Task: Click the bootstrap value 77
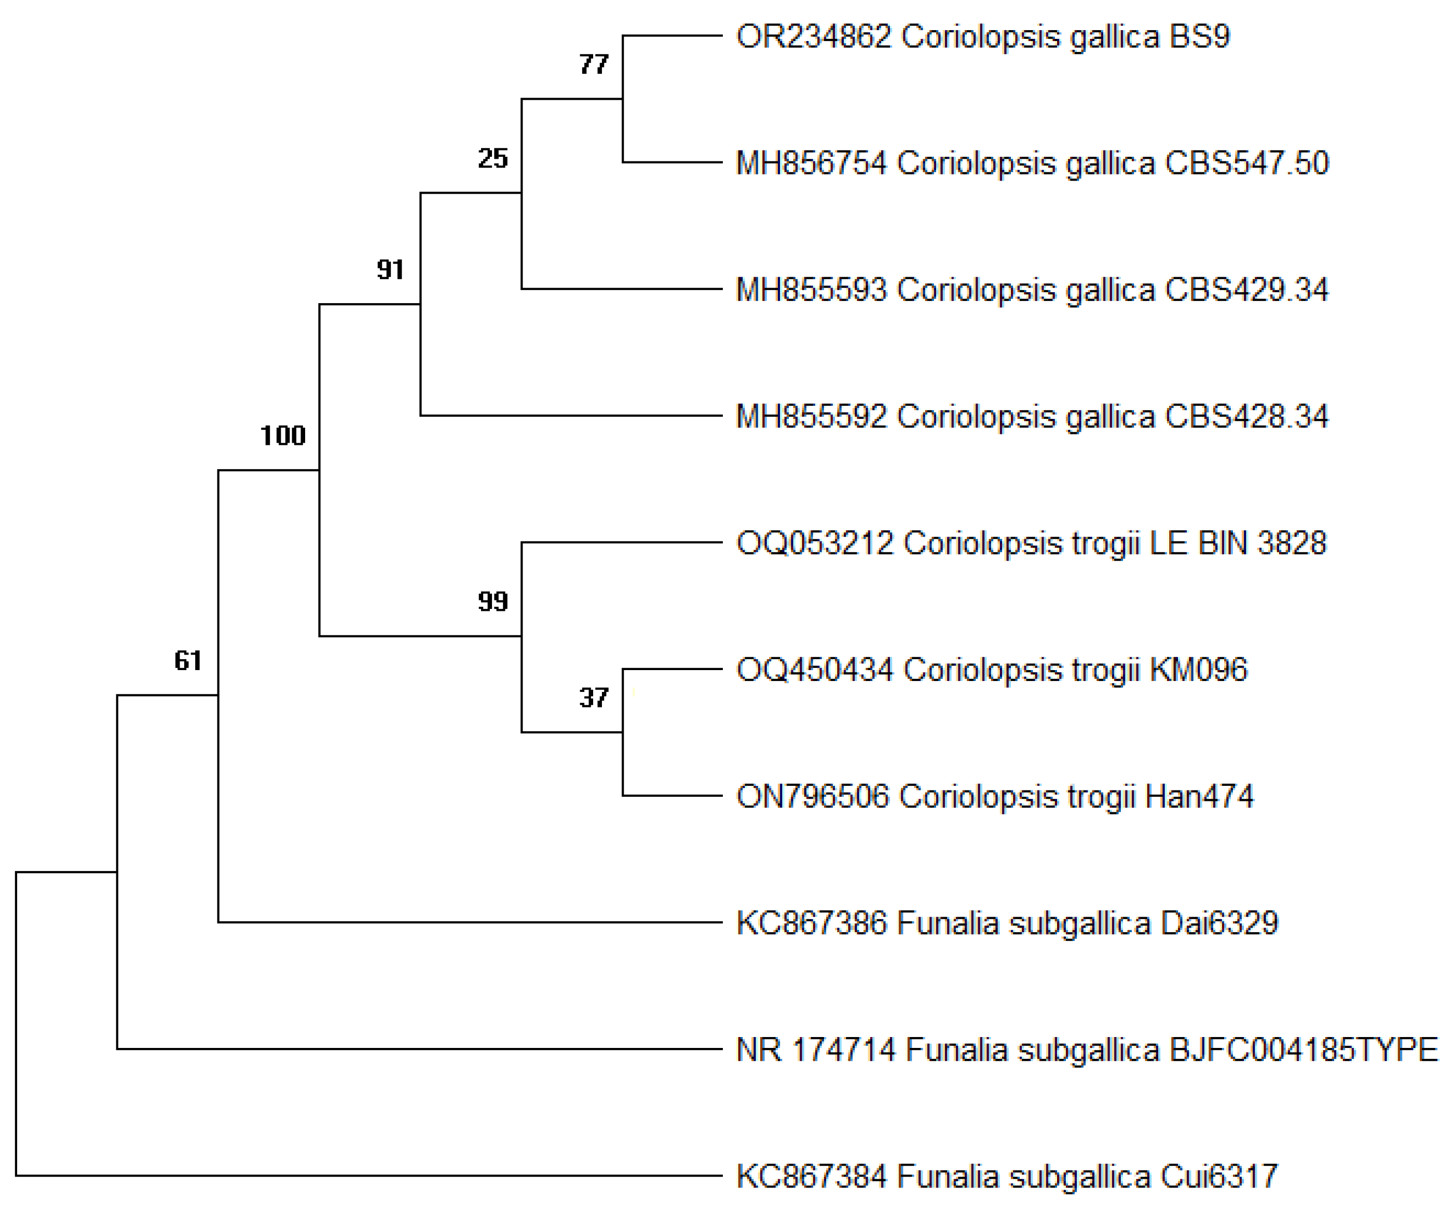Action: pos(594,64)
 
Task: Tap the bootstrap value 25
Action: pos(492,158)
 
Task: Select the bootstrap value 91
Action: pos(390,269)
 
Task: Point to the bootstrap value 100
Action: pos(282,435)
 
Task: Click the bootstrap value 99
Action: pos(492,602)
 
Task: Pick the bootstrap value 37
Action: pos(594,698)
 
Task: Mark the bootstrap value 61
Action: pos(187,660)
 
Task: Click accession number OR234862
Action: pos(813,37)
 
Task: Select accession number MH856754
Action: pos(811,163)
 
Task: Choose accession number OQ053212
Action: pos(814,543)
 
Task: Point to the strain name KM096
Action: pos(1198,670)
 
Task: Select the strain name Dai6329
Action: pos(1219,923)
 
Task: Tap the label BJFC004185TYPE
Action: pos(1304,1050)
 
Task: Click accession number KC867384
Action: pos(811,1176)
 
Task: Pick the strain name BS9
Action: pos(1199,37)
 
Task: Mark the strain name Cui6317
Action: pos(1219,1176)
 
